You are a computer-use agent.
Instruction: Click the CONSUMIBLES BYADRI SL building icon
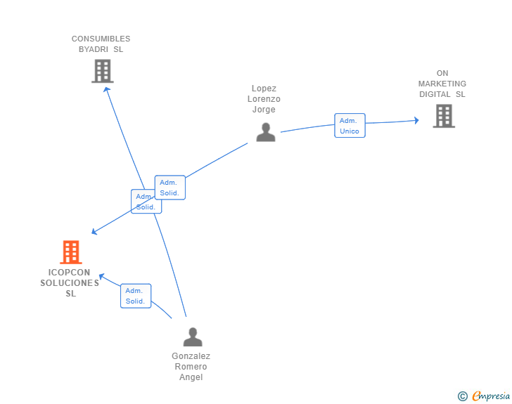pos(103,71)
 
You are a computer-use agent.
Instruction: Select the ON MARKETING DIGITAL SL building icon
pos(444,116)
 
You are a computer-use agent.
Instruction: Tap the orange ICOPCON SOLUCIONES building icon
pos(71,252)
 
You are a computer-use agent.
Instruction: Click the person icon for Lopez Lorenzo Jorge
pos(265,132)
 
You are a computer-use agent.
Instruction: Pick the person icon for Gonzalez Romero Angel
pos(192,337)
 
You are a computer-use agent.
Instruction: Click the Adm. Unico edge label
pos(350,126)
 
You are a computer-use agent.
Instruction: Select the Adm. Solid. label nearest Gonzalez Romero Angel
pos(135,296)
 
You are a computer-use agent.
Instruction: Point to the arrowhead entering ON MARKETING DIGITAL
pos(416,121)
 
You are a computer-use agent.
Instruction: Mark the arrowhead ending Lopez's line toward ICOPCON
pos(95,232)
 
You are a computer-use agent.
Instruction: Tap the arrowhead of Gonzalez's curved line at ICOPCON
pos(101,276)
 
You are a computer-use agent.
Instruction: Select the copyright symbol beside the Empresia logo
pos(463,396)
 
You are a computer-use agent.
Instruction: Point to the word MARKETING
pos(442,84)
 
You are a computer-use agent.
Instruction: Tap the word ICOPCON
pos(69,273)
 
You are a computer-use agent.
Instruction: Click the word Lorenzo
pos(264,99)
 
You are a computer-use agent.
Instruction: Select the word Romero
pos(191,367)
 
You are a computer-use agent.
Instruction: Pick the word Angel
pos(191,377)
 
